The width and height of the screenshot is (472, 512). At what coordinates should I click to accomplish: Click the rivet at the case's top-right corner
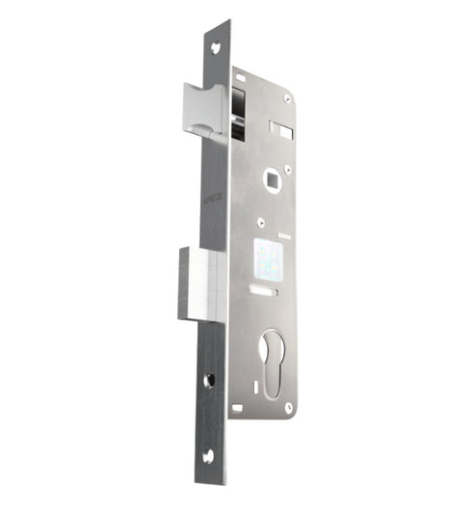click(x=286, y=97)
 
